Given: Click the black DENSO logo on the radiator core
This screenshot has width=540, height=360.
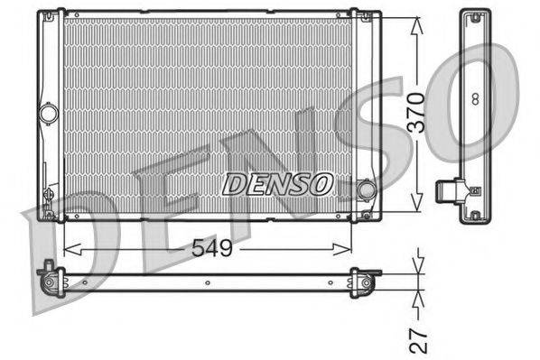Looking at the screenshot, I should click(277, 184).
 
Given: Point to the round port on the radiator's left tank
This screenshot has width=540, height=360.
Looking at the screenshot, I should click(48, 114).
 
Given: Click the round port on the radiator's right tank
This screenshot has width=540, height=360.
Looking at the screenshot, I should click(366, 189).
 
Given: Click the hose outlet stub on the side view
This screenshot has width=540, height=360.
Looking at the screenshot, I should click(445, 190).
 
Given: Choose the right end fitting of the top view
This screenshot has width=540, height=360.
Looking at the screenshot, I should click(366, 282).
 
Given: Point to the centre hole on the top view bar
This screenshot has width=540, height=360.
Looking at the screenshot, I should click(207, 282).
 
